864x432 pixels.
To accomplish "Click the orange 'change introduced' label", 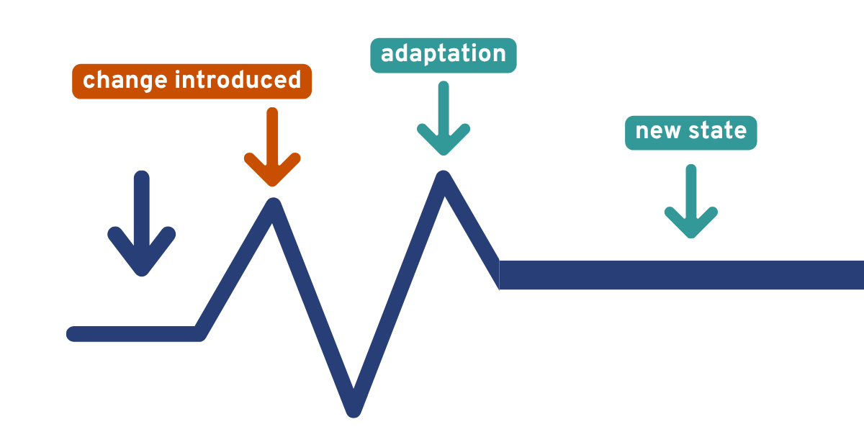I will point(192,81).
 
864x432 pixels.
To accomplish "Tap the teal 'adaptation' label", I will point(443,55).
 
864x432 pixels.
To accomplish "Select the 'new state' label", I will point(690,132).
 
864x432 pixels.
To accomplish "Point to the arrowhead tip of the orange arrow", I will point(272,183).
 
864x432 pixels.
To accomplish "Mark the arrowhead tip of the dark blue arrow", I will point(142,272).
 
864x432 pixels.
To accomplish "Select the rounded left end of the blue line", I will point(73,333).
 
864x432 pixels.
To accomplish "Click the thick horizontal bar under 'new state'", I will point(680,275).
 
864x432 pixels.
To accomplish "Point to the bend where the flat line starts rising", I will point(199,333).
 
